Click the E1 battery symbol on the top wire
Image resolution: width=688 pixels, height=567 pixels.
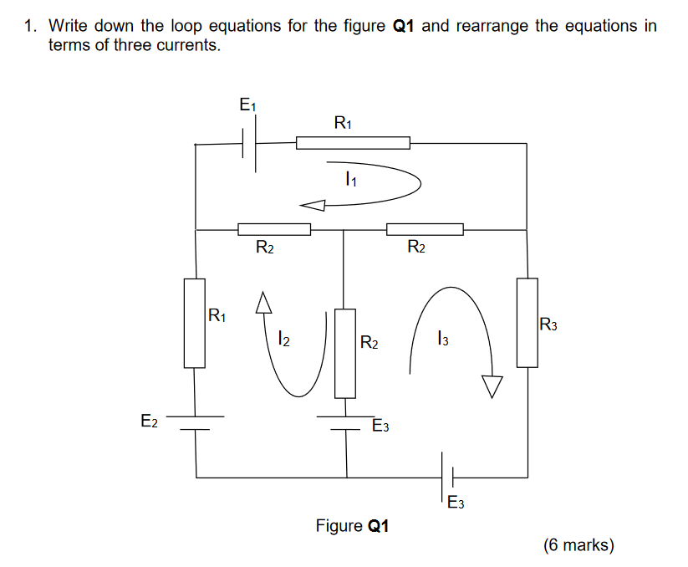[x=250, y=144]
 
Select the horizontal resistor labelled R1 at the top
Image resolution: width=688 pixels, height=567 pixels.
[x=353, y=143]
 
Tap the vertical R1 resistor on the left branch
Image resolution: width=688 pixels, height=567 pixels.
[x=195, y=324]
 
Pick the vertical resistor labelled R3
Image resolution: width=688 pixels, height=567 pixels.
[x=527, y=323]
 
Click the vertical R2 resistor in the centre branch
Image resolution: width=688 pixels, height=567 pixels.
[x=345, y=353]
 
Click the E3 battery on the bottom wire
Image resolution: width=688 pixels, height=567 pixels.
[x=446, y=478]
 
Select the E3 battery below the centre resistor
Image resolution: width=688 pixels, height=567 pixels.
[x=346, y=422]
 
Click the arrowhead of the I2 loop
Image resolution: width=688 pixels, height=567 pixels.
[x=264, y=302]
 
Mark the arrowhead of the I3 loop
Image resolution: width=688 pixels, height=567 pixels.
[x=492, y=386]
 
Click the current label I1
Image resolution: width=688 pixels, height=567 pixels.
[x=350, y=178]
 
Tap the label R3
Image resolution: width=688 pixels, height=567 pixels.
[x=548, y=324]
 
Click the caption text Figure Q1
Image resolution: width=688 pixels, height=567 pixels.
[x=352, y=526]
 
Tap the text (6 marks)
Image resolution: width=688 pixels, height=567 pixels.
[x=578, y=545]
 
